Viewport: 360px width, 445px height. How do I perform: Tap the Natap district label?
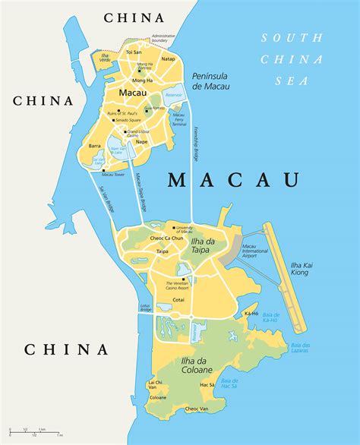[168, 58]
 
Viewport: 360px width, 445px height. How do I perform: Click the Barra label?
[95, 144]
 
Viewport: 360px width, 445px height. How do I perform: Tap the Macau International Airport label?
[254, 251]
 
